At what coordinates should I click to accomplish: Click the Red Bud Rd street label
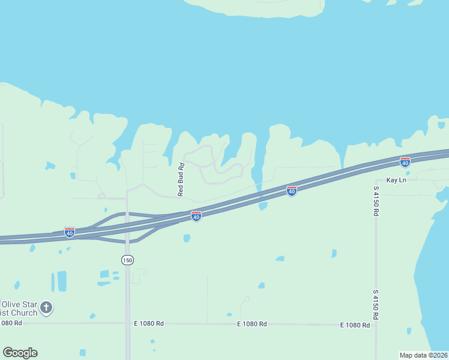(180, 179)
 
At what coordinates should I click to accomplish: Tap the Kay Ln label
(396, 180)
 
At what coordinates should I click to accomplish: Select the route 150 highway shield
(127, 260)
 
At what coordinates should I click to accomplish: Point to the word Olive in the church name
(11, 304)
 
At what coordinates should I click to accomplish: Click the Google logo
(20, 353)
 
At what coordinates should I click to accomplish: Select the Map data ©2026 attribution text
(423, 355)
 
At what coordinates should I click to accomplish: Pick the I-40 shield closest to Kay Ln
(405, 162)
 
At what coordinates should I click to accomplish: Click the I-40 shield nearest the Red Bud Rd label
(196, 216)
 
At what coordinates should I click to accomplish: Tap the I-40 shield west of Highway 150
(70, 232)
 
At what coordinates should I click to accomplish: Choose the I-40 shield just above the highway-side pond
(292, 191)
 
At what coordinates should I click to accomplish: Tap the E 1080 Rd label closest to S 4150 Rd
(354, 325)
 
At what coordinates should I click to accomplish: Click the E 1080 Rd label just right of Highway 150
(149, 323)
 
